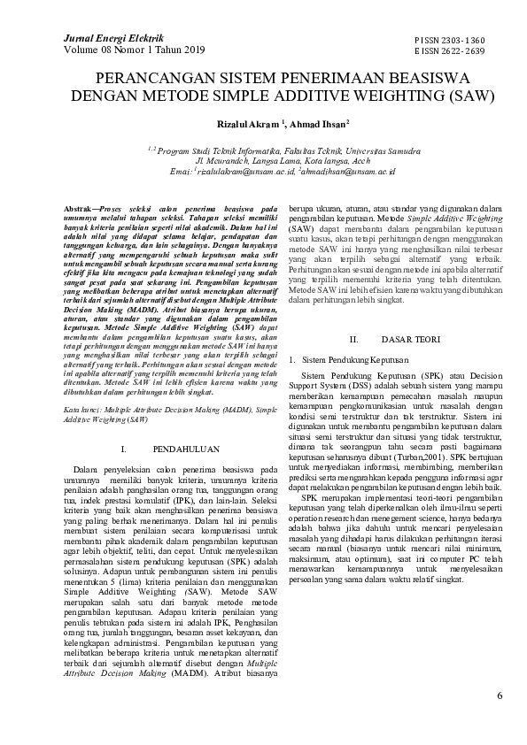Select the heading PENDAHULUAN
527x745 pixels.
[x=194, y=450]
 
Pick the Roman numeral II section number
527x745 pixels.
[x=353, y=340]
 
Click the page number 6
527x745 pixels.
[x=500, y=695]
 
